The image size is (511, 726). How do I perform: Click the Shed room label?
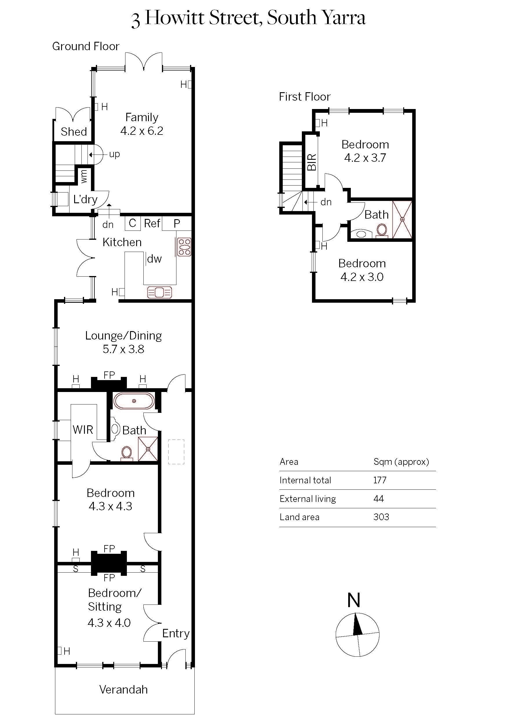74,132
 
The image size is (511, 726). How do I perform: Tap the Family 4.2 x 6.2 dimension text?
142,130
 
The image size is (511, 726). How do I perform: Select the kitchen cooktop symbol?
184,247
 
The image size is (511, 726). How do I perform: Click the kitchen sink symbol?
160,292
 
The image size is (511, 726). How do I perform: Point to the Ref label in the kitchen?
152,223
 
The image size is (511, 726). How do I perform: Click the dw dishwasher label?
154,259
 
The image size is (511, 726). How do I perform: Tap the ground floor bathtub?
134,401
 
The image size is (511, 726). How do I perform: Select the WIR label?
83,430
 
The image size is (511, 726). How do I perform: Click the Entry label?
176,633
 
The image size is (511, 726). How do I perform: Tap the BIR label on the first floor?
312,162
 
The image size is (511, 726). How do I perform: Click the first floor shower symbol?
402,219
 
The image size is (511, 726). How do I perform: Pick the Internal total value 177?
380,480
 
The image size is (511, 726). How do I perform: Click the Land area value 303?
381,517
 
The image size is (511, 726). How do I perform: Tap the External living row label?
308,499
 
